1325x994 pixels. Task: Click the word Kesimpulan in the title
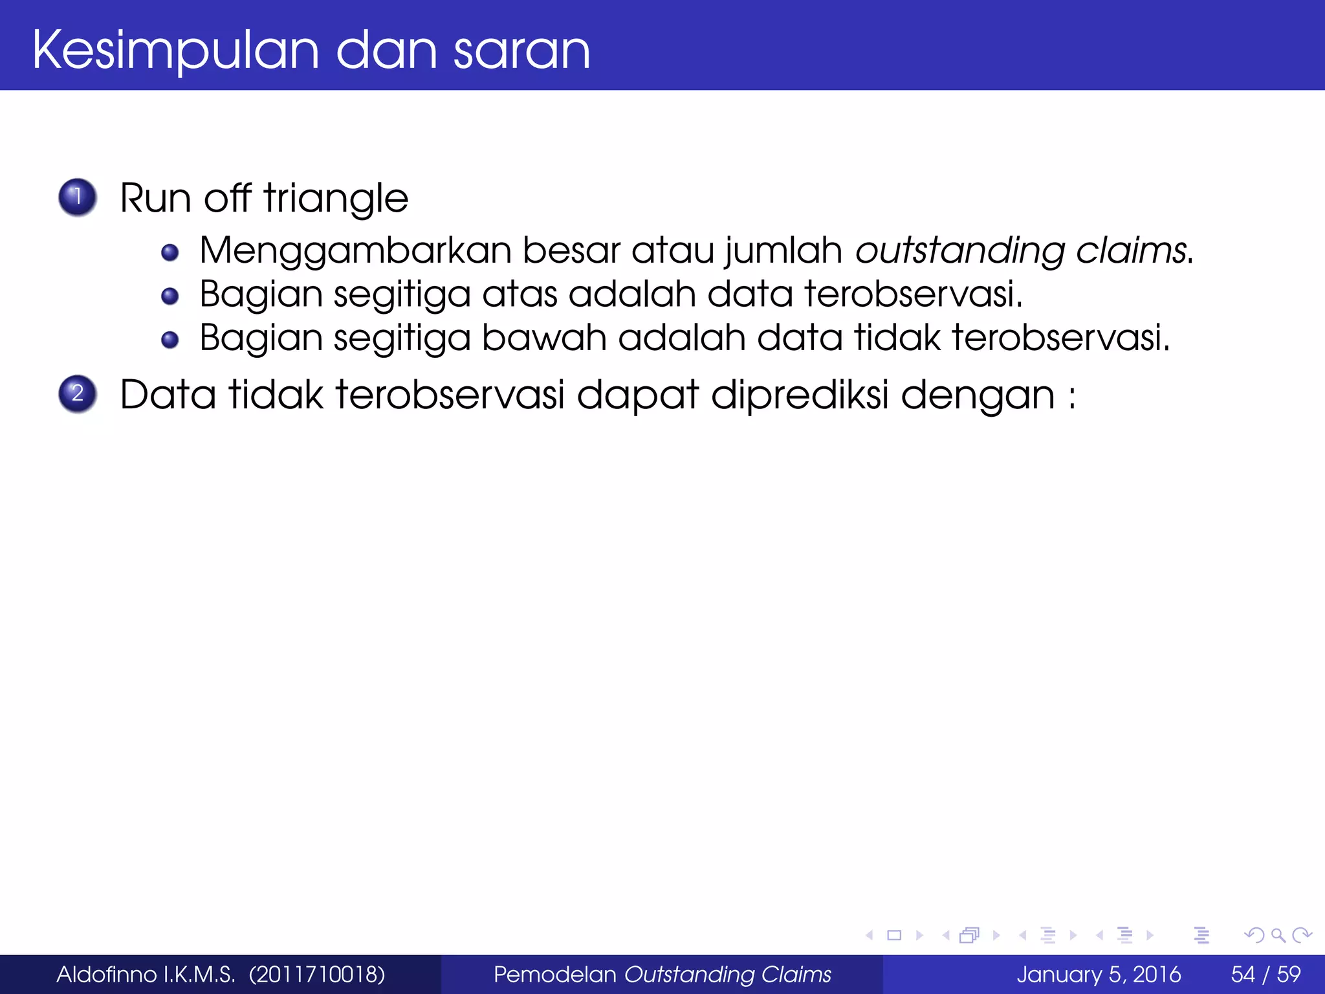[x=175, y=50]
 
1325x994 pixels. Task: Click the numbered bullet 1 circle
[x=78, y=197]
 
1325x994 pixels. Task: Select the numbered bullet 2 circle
[x=78, y=393]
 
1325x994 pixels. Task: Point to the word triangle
[x=336, y=198]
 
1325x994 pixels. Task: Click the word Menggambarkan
[x=355, y=251]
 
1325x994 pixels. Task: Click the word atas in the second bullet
[x=520, y=294]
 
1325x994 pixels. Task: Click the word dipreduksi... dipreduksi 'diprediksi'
[x=799, y=395]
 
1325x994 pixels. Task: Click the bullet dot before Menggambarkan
[x=170, y=252]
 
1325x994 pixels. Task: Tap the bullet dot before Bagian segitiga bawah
[x=170, y=339]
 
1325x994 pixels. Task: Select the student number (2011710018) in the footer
[x=317, y=975]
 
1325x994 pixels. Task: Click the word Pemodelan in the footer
[x=554, y=975]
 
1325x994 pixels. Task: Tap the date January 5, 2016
[x=1099, y=975]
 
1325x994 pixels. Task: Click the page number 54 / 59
[x=1265, y=975]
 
